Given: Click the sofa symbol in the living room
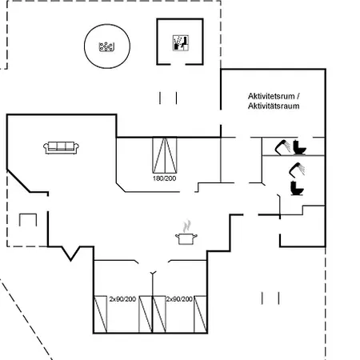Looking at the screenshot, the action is [x=61, y=148].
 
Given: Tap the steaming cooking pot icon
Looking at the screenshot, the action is [x=186, y=233].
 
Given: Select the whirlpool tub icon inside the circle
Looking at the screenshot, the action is [x=106, y=47].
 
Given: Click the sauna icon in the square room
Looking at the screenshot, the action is [x=181, y=42].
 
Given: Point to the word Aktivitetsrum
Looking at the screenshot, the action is [x=271, y=96].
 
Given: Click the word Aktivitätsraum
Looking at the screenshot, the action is [x=274, y=106].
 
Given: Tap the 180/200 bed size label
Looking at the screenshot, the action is [x=164, y=178].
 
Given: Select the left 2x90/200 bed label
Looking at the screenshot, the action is [x=122, y=299].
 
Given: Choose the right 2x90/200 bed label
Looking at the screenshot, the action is [x=179, y=299].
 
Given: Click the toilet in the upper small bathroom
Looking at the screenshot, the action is [x=299, y=147].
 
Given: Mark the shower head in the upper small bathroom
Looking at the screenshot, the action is [x=282, y=147].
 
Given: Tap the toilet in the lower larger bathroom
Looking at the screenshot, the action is [x=297, y=188].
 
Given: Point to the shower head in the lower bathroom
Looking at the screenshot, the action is [x=297, y=170].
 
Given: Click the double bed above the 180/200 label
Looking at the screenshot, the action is [x=165, y=155].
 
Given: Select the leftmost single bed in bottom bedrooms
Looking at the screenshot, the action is [x=101, y=314].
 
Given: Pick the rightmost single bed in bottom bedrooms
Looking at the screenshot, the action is [x=200, y=314].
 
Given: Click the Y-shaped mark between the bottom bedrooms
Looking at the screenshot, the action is [x=153, y=273].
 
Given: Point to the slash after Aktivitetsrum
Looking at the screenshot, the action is [x=298, y=96].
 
